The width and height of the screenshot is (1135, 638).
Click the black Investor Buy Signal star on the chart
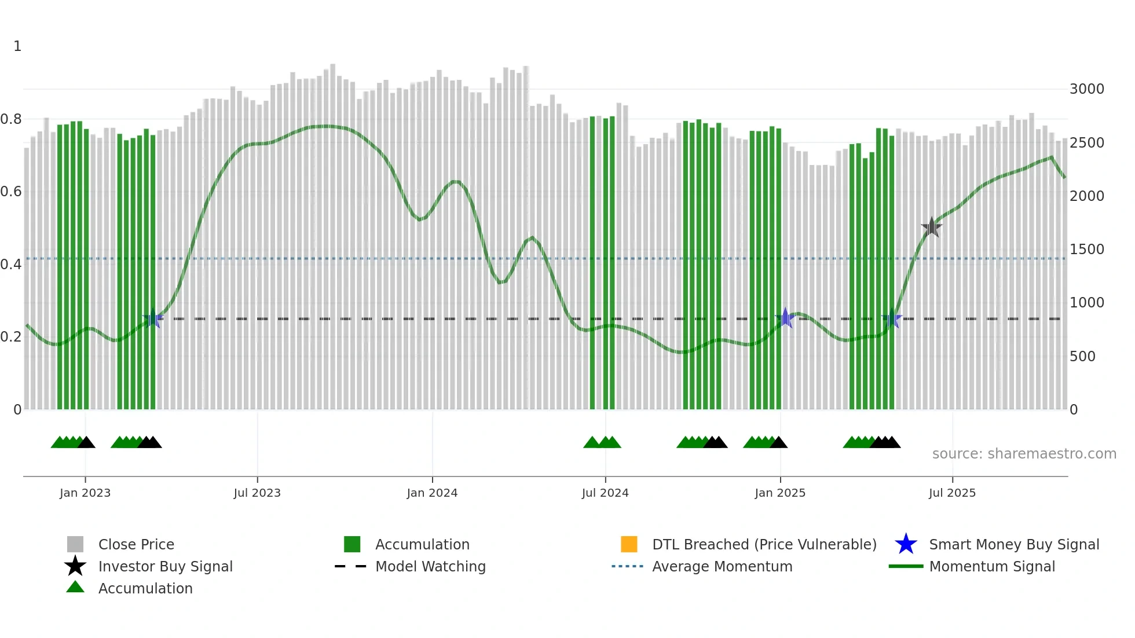click(x=931, y=228)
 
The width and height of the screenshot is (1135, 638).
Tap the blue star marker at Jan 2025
click(x=785, y=318)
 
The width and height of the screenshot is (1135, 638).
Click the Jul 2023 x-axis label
click(x=257, y=493)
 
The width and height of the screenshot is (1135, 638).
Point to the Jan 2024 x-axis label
click(x=432, y=493)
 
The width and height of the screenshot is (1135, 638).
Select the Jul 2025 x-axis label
click(x=952, y=493)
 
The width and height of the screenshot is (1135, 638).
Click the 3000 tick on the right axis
click(x=1086, y=89)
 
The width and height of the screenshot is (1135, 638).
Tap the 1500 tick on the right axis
click(x=1086, y=250)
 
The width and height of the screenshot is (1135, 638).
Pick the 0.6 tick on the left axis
click(x=11, y=192)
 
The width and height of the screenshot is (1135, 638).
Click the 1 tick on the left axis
click(x=17, y=46)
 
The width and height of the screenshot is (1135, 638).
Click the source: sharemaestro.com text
click(x=1024, y=454)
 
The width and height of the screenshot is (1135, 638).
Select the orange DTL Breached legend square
click(x=629, y=544)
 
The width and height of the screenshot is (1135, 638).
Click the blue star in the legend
click(x=906, y=544)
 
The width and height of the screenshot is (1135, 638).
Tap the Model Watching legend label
click(x=430, y=566)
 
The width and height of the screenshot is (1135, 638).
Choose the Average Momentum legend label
click(x=722, y=566)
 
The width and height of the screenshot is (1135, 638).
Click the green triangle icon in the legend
click(x=75, y=588)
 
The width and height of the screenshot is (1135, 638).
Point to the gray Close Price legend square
click(x=75, y=544)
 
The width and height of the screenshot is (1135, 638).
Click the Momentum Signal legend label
click(x=992, y=566)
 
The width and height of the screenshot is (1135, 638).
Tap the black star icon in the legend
click(x=75, y=566)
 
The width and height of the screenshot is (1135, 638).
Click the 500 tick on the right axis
click(x=1082, y=357)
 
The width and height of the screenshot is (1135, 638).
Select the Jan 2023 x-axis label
click(x=85, y=493)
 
